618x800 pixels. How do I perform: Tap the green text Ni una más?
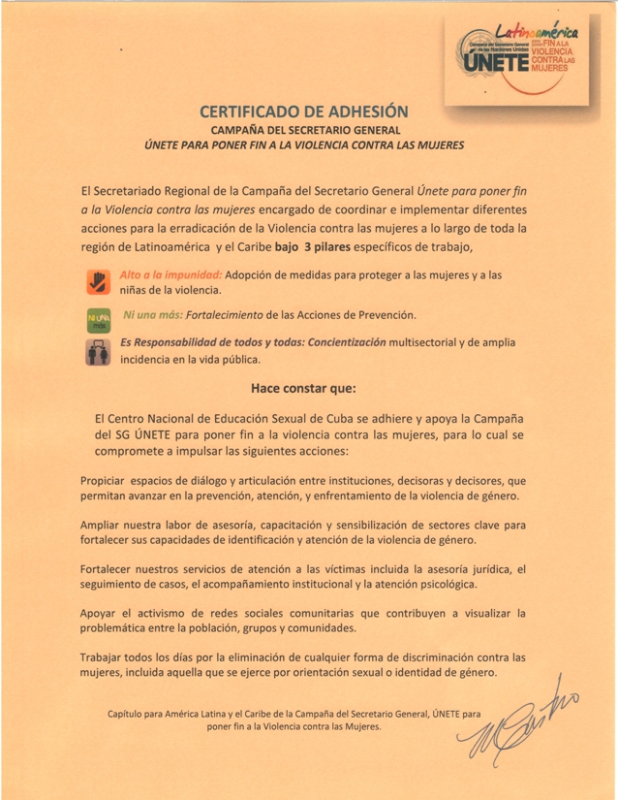pos(151,316)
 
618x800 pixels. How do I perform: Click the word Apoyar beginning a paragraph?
pos(103,614)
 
